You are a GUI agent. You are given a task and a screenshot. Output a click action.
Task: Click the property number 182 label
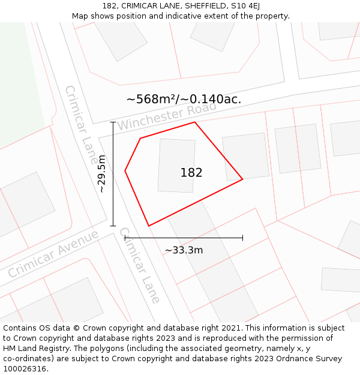[x=191, y=173]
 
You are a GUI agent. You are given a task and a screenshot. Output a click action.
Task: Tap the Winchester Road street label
[x=166, y=116]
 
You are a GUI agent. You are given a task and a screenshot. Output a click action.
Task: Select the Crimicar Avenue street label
[x=53, y=253]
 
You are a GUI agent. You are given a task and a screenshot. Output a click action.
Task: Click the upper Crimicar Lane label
[x=81, y=125]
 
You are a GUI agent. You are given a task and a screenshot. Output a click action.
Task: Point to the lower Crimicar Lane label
[x=140, y=265]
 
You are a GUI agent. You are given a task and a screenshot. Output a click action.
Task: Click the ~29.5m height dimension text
[x=102, y=173]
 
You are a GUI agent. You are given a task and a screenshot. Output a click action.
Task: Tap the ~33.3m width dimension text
[x=184, y=250]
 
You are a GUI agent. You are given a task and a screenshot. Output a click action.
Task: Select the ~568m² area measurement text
[x=184, y=100]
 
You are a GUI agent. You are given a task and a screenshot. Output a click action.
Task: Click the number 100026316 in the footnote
[x=24, y=368]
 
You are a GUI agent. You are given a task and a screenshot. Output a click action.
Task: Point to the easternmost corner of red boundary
[x=242, y=179]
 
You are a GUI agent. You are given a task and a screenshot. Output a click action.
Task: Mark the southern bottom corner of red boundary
[x=149, y=226]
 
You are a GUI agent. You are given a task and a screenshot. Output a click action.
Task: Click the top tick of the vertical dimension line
[x=113, y=122]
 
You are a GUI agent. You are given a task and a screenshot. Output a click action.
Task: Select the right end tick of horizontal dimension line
[x=242, y=238]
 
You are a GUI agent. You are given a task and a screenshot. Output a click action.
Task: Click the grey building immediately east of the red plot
[x=245, y=157]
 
